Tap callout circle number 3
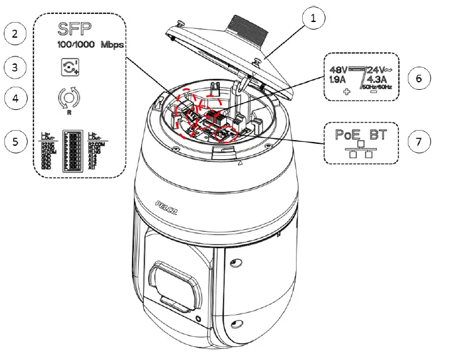pyautogui.click(x=15, y=66)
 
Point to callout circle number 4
pyautogui.click(x=15, y=98)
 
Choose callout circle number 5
pyautogui.click(x=15, y=141)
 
